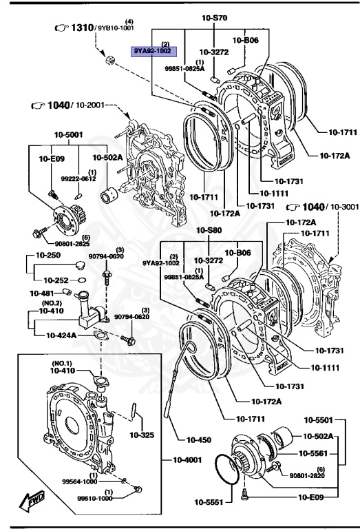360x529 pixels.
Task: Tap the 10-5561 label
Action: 317,453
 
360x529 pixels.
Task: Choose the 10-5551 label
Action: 209,502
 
